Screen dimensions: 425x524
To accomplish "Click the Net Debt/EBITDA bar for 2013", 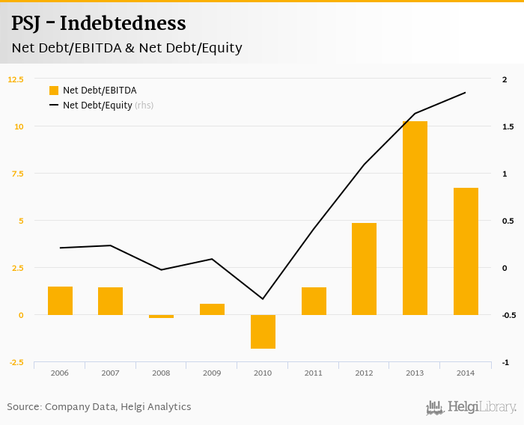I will tap(415, 218).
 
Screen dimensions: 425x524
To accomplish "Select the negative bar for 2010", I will tap(263, 331).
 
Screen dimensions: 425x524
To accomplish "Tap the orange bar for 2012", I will tap(364, 269).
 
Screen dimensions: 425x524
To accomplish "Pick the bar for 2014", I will tap(466, 251).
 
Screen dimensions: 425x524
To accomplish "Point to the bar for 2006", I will tap(60, 301).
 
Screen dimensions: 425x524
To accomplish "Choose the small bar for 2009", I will tap(212, 309).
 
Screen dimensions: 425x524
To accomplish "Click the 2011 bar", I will tap(314, 301).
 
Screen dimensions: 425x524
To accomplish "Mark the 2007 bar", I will tap(110, 301).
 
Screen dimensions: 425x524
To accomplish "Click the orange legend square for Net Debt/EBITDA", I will tap(54, 91).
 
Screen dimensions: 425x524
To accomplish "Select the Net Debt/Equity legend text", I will tap(97, 106).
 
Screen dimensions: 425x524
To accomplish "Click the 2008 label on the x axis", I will tap(161, 372).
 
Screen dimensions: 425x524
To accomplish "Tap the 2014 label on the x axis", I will tap(466, 372).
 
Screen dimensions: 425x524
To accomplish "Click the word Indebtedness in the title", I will tap(123, 23).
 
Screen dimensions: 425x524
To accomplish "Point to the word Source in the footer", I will tap(24, 407).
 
